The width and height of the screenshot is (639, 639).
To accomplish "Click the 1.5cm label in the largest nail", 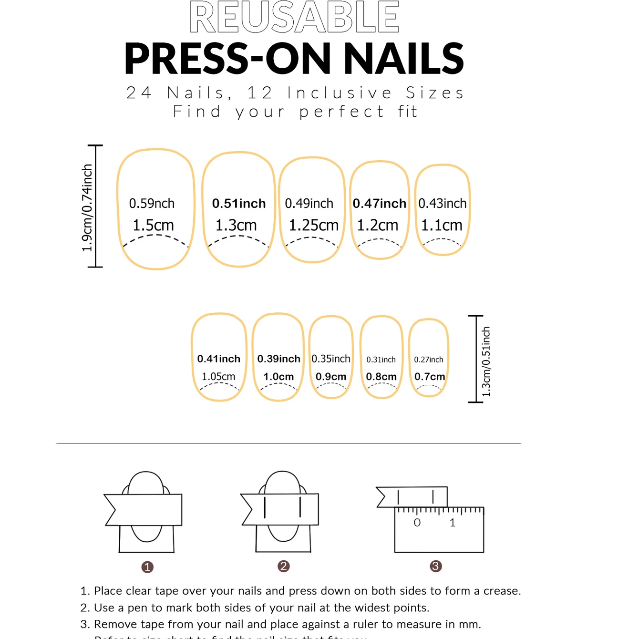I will point(153,225).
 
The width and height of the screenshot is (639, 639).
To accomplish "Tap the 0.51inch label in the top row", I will point(238,204).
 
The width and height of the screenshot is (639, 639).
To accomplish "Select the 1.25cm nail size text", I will point(313,225).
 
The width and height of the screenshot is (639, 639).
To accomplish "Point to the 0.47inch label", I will point(379,204).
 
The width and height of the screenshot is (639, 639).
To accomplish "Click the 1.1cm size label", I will point(442,225).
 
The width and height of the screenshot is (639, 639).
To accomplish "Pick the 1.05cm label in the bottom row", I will point(218,377).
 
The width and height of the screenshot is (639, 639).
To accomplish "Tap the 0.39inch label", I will point(278,359).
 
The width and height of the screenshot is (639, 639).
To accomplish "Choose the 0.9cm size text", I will point(331,377).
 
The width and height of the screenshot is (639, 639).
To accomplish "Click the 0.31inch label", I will point(381,360).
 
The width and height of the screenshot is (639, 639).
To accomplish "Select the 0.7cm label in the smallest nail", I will point(429,377).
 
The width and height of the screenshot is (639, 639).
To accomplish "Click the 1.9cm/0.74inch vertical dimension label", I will point(87,207).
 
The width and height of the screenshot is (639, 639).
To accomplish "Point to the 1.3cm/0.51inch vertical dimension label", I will point(486,361).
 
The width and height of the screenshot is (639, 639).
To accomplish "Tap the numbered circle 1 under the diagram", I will point(147,567).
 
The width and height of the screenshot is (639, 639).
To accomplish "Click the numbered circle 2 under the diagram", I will point(283,566).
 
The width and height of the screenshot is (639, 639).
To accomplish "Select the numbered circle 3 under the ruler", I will point(435,566).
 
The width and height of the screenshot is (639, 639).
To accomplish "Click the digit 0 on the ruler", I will point(417,523).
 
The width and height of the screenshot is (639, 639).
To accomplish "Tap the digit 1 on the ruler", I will point(453,523).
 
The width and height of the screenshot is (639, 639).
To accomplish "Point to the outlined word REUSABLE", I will point(294,18).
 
